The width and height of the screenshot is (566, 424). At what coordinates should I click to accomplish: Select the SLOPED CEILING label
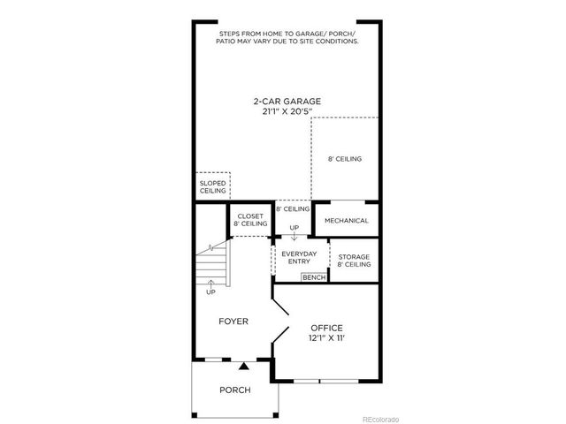(212, 186)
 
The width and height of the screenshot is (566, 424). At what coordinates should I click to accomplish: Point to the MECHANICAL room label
(346, 220)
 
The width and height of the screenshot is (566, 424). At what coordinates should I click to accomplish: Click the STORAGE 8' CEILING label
(354, 260)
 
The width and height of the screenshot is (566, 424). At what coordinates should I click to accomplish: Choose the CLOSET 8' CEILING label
(250, 220)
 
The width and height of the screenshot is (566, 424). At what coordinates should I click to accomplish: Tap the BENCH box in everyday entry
(313, 277)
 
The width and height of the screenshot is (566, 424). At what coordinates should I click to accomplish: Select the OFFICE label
(326, 328)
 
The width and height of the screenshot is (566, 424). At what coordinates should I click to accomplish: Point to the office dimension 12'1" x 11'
(326, 339)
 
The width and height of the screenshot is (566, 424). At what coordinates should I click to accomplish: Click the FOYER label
(233, 322)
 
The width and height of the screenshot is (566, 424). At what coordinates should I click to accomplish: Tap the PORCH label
(234, 390)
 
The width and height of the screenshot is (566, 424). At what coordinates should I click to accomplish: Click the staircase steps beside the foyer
(211, 262)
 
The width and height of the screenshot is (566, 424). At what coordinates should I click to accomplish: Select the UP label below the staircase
(210, 291)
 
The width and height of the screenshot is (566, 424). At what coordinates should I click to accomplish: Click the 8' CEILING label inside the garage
(345, 159)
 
